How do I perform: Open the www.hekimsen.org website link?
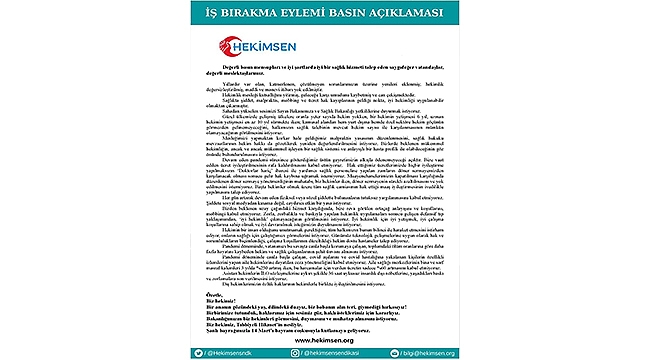324,338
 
